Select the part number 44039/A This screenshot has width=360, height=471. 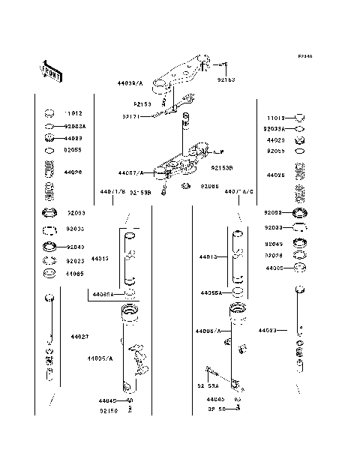tap(130, 83)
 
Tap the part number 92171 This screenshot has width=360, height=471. tap(131, 115)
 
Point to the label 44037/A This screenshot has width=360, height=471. tap(130, 172)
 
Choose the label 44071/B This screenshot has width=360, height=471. tap(111, 192)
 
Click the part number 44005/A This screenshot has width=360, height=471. tap(100, 359)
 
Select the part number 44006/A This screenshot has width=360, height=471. tap(208, 331)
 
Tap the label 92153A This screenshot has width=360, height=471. tap(208, 386)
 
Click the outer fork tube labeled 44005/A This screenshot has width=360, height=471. tap(130, 352)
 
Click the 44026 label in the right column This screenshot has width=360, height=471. tap(275, 175)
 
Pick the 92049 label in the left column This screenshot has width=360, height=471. tap(75, 247)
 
